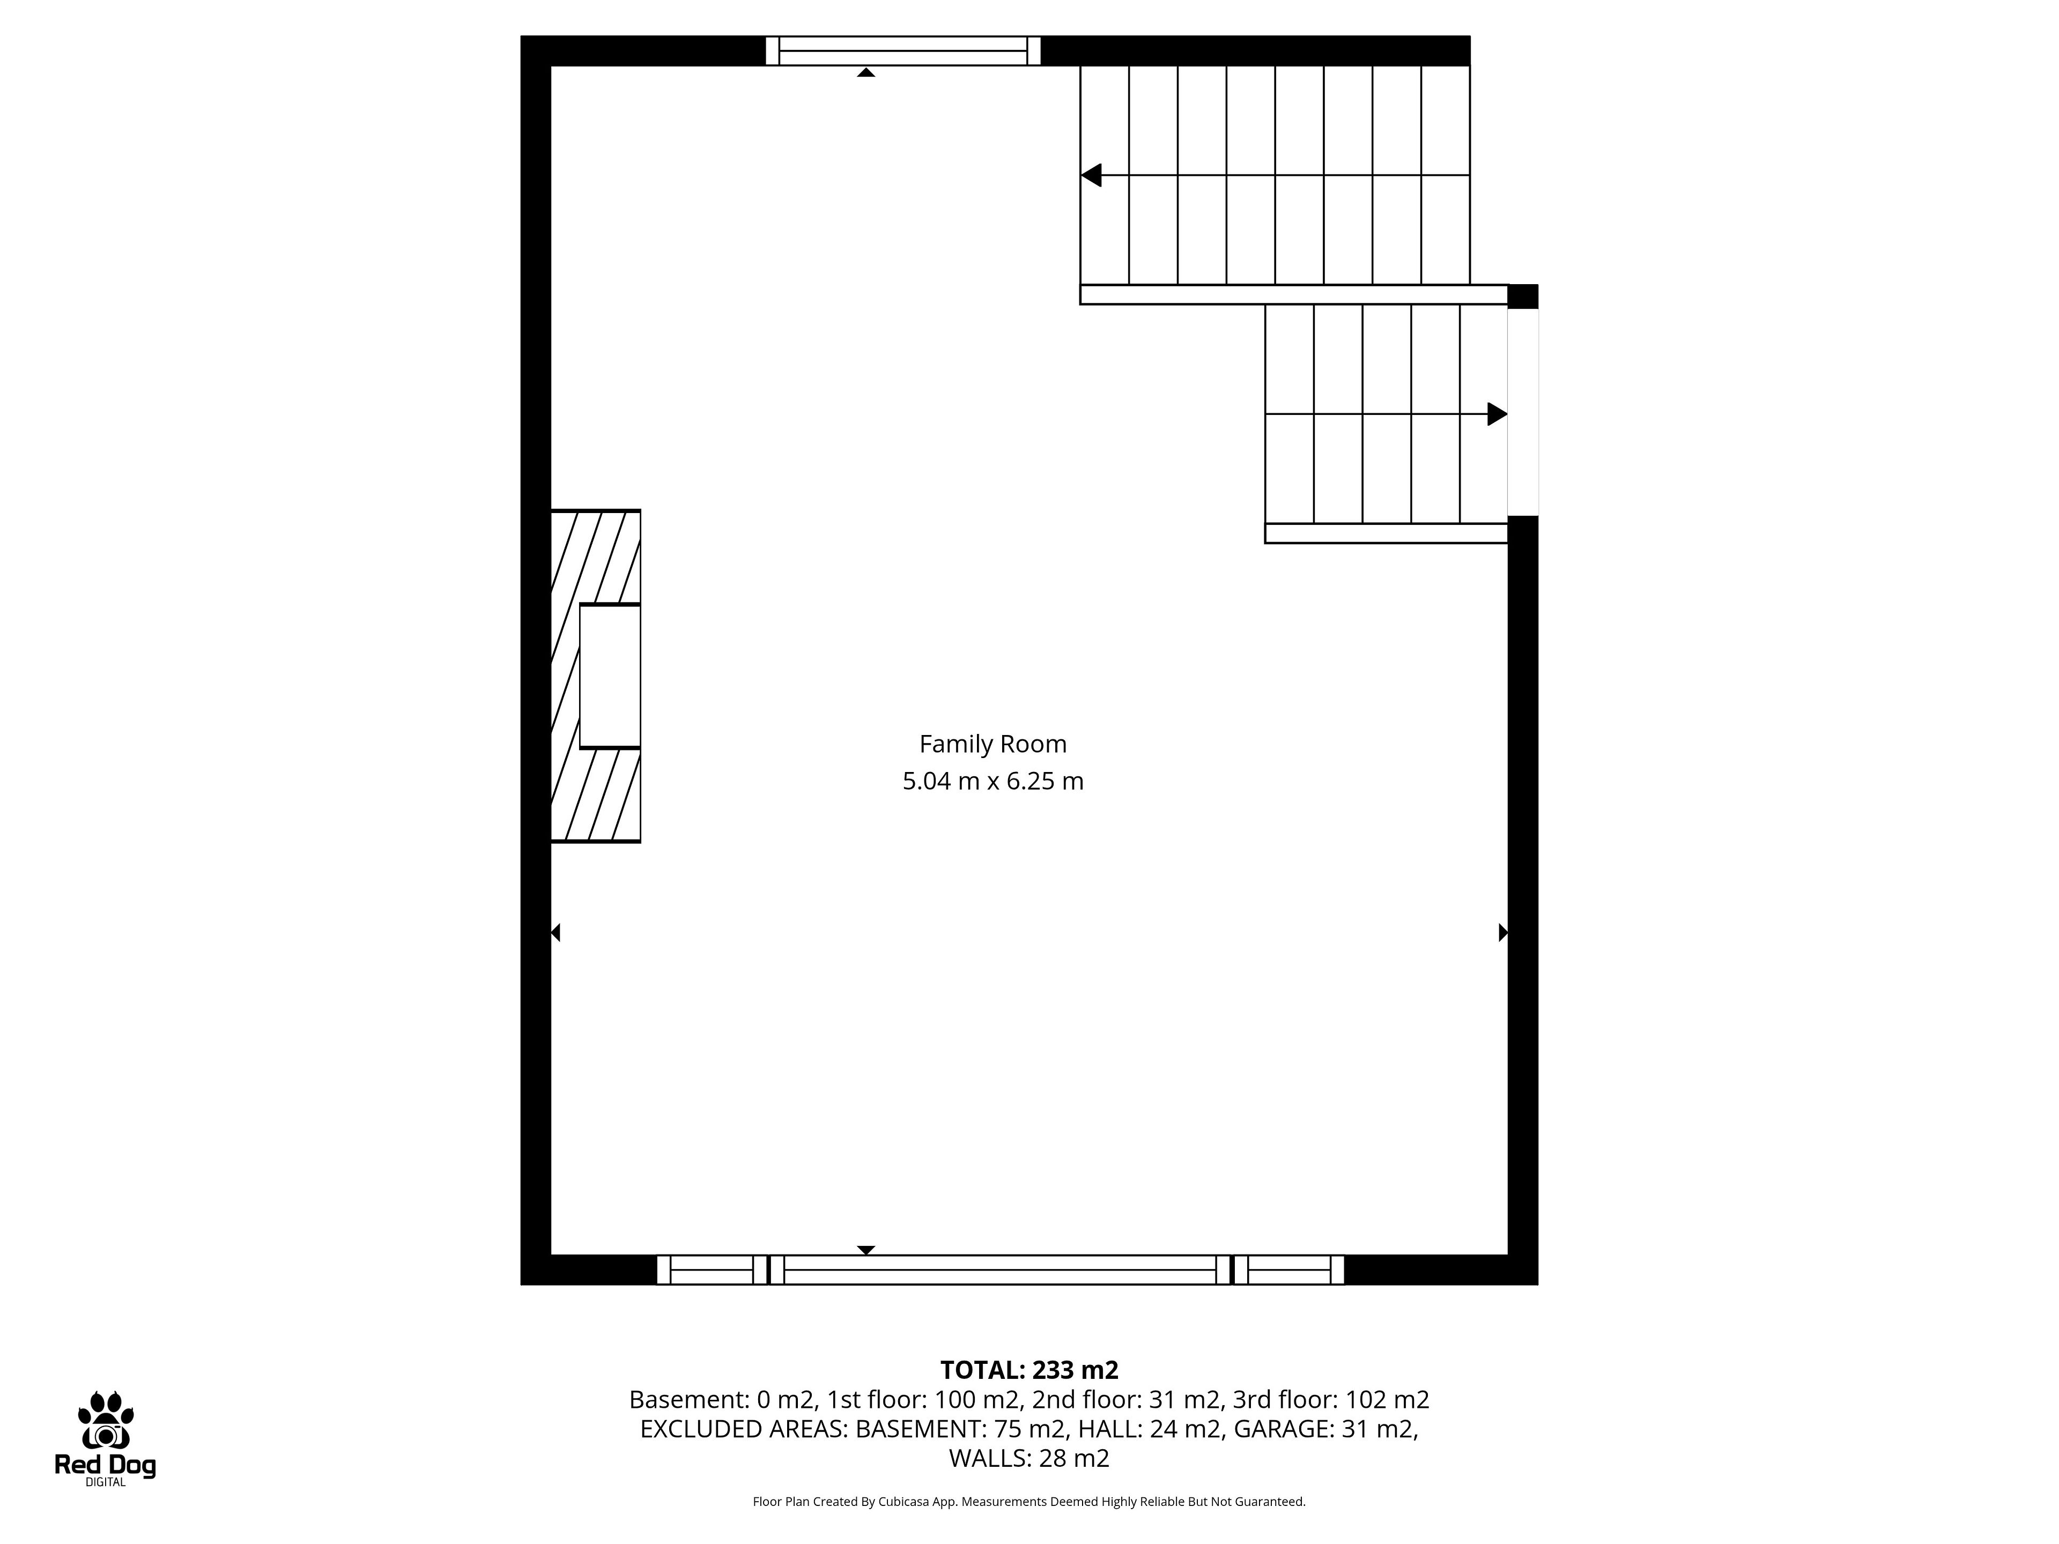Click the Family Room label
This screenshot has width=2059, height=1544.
993,745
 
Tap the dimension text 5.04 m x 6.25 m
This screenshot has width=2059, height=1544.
993,781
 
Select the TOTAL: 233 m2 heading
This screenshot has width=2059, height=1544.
1028,1370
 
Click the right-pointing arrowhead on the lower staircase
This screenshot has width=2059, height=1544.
1497,414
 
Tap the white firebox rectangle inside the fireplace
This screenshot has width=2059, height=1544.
610,675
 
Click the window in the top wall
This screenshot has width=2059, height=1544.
903,50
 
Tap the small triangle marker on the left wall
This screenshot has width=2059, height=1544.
556,932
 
